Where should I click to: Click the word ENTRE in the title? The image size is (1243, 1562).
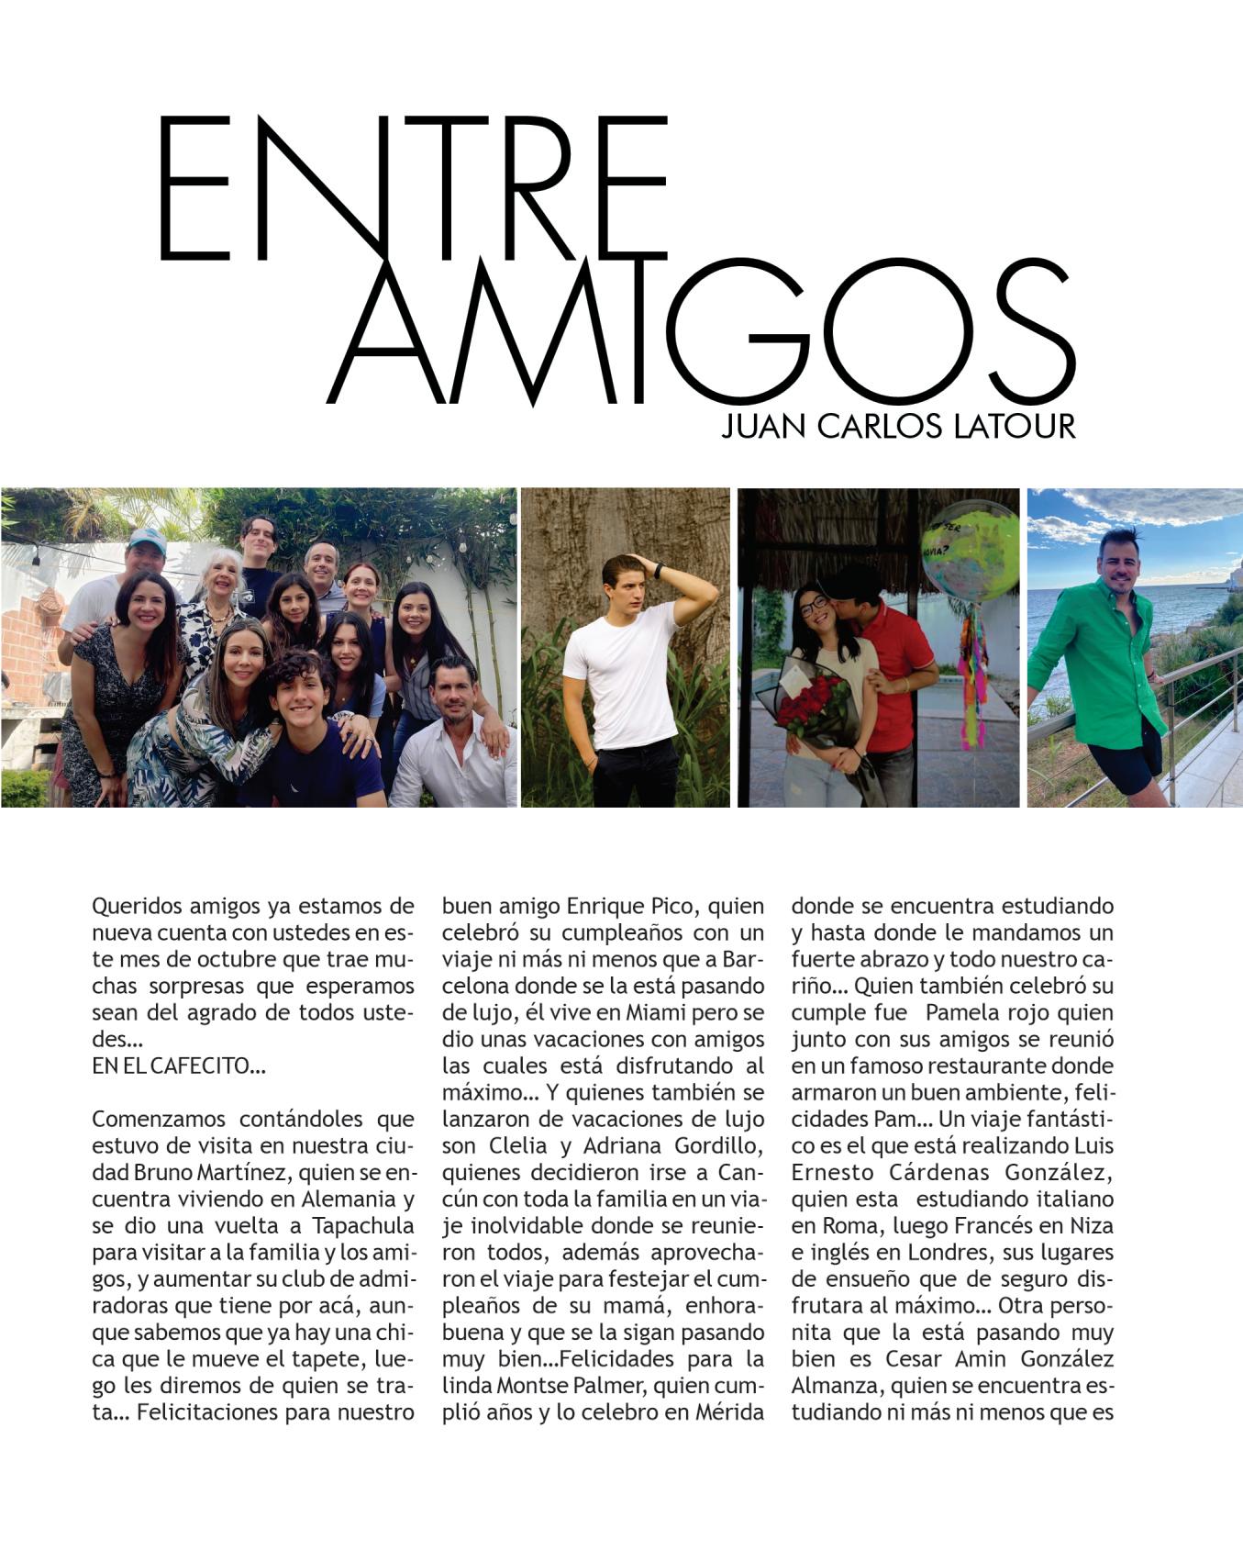pos(413,188)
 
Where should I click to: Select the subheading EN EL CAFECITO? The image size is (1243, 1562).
pos(178,1066)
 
